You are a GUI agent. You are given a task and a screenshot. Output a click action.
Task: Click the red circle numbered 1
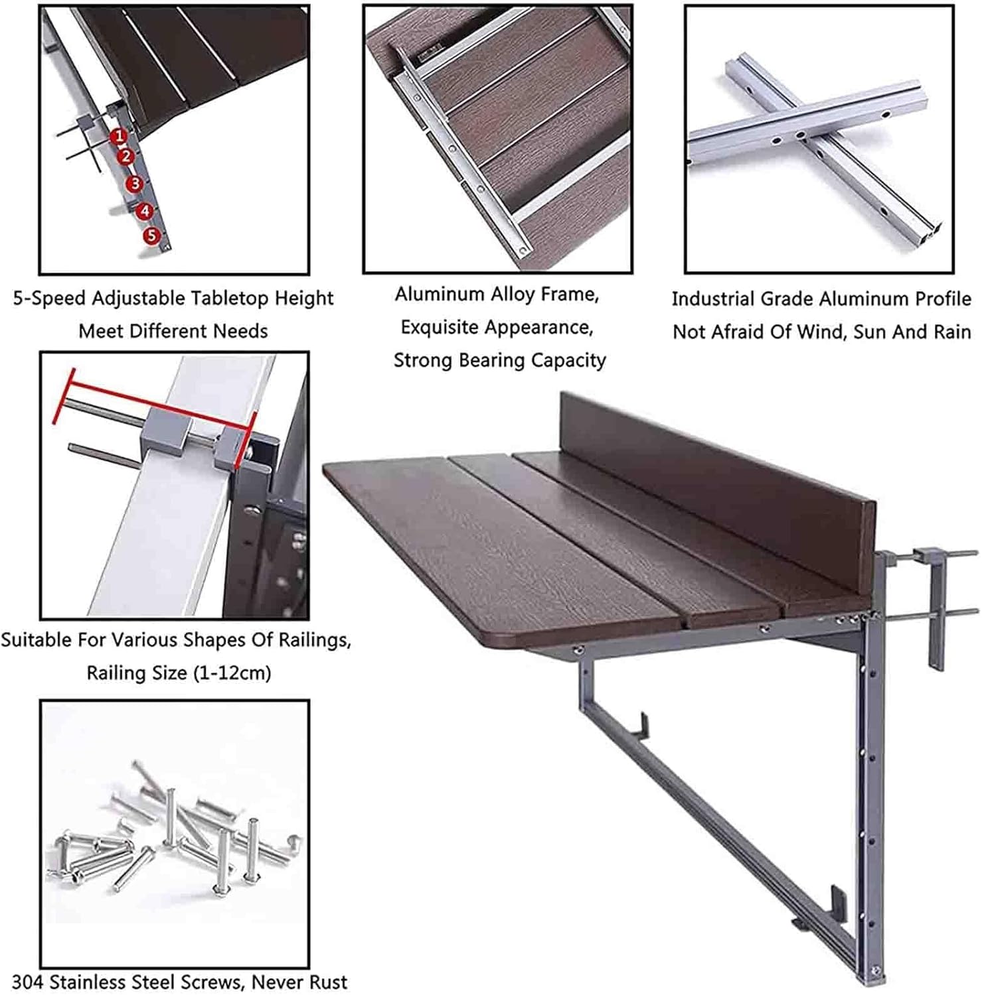119,136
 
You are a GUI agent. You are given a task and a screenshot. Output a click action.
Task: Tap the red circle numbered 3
135,184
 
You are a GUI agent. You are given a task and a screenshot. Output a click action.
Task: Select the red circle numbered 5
152,235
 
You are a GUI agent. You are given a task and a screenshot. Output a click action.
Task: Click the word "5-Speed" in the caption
49,298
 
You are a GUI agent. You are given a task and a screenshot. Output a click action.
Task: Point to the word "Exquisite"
439,327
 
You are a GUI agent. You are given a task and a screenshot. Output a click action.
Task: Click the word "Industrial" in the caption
713,298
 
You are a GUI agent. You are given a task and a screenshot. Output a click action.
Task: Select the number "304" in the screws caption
27,981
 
